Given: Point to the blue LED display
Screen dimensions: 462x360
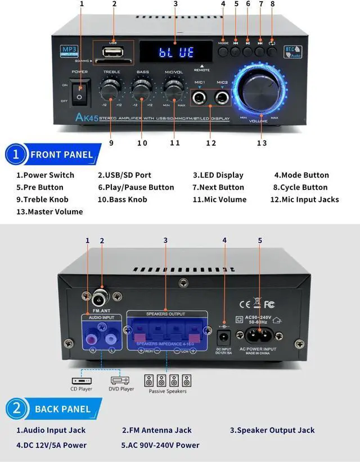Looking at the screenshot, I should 175,52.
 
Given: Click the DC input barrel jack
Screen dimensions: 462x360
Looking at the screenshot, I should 224,336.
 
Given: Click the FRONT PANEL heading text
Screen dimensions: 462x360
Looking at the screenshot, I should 61,155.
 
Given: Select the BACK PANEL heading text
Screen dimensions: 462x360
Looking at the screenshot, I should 62,409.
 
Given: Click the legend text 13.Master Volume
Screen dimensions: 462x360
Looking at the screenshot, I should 49,212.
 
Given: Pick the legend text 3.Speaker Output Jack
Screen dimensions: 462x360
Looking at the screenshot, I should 272,430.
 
